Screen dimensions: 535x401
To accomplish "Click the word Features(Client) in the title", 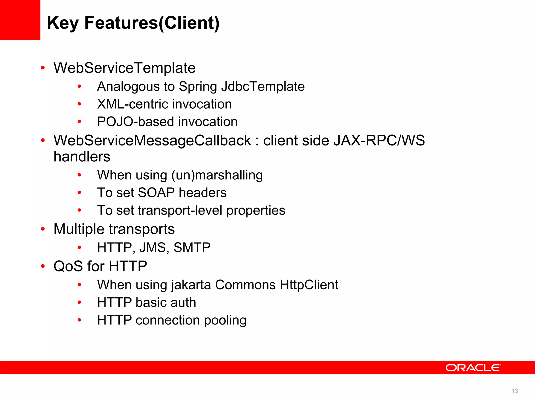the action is (152, 23).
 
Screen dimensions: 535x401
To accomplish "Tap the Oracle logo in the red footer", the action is (473, 368).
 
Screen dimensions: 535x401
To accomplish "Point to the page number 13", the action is (515, 391).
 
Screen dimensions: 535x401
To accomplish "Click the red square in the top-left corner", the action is (20, 20).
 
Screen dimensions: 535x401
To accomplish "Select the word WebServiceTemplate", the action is (124, 68).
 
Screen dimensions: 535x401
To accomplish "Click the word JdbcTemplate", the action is (263, 86).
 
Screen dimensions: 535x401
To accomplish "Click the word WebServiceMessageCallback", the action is (152, 140).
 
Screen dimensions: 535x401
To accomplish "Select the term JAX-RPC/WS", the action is (379, 140).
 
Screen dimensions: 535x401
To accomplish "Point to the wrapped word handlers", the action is (82, 157).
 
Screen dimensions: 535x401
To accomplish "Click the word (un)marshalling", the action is (217, 175).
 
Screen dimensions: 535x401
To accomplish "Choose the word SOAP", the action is (156, 193).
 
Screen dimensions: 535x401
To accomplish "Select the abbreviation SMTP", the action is (192, 247).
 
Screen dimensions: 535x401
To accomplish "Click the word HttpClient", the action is (309, 285).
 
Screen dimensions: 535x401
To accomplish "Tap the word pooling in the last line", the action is (225, 320).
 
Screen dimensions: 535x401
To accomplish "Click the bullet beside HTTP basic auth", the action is (79, 303).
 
